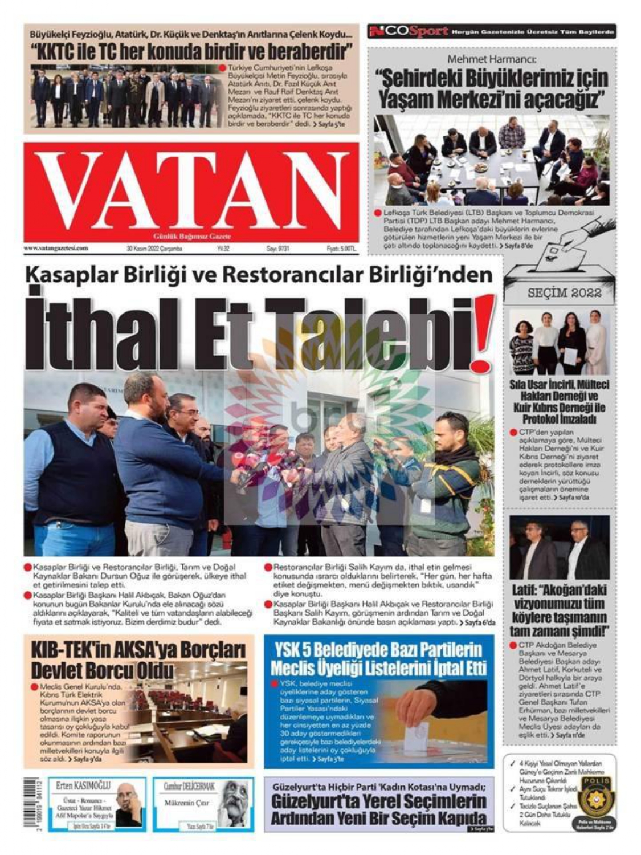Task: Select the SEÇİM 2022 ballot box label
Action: (564, 292)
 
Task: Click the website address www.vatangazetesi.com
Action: (56, 249)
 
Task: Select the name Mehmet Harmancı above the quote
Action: (492, 59)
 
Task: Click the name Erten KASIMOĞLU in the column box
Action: (83, 786)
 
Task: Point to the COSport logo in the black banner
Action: (409, 31)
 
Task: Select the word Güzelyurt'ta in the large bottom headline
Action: (313, 802)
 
